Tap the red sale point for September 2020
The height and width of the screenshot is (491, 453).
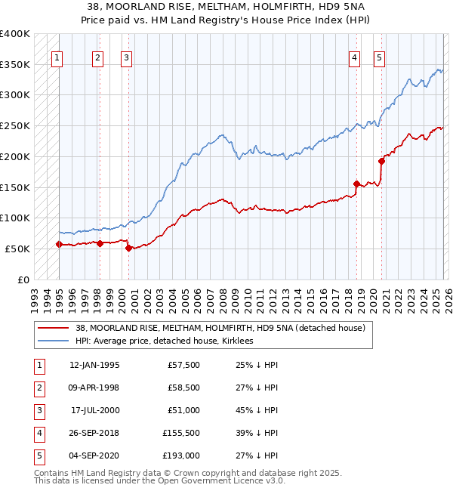pyautogui.click(x=381, y=160)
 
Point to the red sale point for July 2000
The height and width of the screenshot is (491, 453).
pyautogui.click(x=128, y=248)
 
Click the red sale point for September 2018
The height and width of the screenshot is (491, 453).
pyautogui.click(x=356, y=184)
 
